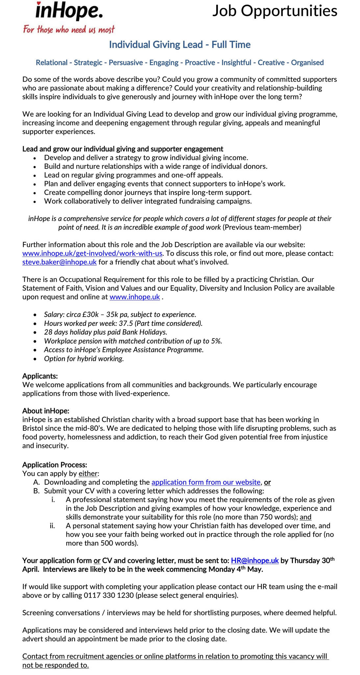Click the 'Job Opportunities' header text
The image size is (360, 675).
(275, 11)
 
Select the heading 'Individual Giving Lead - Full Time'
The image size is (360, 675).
(180, 45)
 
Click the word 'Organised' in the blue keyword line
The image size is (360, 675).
(307, 62)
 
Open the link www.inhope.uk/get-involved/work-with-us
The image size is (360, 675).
(92, 253)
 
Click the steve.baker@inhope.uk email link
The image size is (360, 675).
(60, 262)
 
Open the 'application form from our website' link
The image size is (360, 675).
(206, 482)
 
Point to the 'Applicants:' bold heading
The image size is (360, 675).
(40, 376)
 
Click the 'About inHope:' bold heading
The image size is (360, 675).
(46, 411)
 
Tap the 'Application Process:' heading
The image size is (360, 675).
(55, 465)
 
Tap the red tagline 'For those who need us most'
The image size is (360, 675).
(69, 30)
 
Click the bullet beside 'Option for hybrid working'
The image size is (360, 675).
(35, 359)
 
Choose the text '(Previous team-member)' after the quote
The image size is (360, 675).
(262, 228)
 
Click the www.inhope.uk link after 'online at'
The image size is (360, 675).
(135, 297)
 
